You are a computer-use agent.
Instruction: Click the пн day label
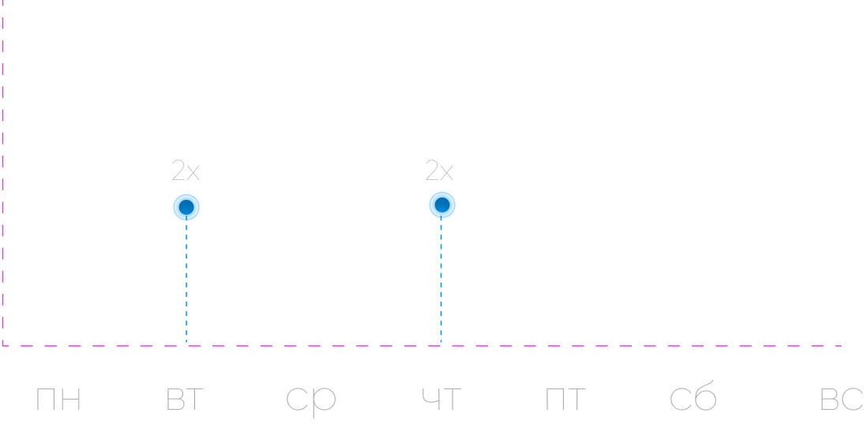pyautogui.click(x=58, y=400)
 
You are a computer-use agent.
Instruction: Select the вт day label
pyautogui.click(x=185, y=400)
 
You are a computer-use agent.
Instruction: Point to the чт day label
pyautogui.click(x=441, y=400)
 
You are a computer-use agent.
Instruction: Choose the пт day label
pyautogui.click(x=565, y=400)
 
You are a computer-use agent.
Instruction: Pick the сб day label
pyautogui.click(x=693, y=399)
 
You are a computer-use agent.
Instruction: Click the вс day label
pyautogui.click(x=841, y=400)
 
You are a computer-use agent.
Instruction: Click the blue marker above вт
pyautogui.click(x=186, y=207)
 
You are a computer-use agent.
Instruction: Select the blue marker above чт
pyautogui.click(x=442, y=205)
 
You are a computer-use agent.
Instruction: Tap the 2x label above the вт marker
pyautogui.click(x=186, y=171)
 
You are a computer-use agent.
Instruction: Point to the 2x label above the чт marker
pyautogui.click(x=439, y=171)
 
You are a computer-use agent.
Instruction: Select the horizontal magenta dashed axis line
pyautogui.click(x=474, y=345)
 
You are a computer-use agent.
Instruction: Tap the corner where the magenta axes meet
pyautogui.click(x=3, y=345)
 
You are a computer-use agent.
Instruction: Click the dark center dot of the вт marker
pyautogui.click(x=186, y=208)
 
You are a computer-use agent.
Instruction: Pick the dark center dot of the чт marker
pyautogui.click(x=442, y=205)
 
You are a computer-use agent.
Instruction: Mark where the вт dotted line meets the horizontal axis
pyautogui.click(x=186, y=345)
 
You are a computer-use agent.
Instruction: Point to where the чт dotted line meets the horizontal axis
pyautogui.click(x=441, y=345)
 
